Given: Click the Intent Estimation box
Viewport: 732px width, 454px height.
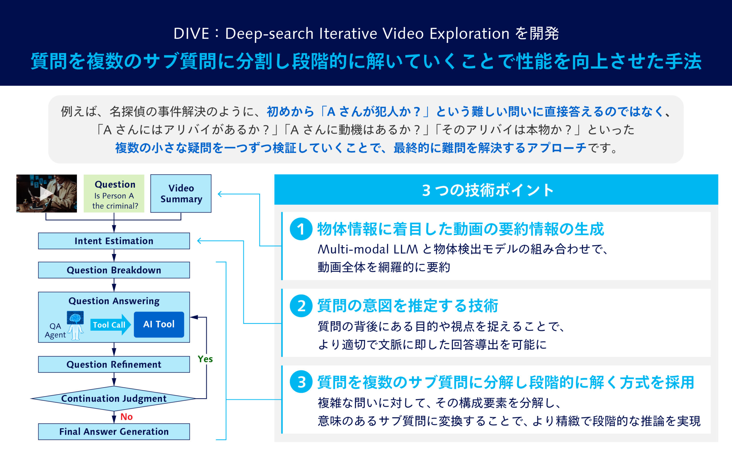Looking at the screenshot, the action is [114, 241].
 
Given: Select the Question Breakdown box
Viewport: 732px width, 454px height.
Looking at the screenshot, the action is [114, 270].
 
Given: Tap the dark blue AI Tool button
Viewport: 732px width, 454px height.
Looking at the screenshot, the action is [159, 324].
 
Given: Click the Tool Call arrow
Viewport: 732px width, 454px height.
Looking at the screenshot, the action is [110, 325].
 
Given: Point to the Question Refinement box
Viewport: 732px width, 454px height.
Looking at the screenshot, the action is [114, 364].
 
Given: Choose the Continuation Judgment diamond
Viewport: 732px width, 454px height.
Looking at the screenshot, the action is [114, 399].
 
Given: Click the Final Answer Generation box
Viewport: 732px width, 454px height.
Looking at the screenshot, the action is [114, 431].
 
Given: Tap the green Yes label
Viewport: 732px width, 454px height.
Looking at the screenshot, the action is [205, 359].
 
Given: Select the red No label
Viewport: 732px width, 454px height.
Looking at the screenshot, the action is [126, 417].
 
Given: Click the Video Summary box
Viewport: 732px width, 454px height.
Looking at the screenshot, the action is [181, 194].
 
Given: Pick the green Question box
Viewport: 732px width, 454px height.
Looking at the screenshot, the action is [114, 194].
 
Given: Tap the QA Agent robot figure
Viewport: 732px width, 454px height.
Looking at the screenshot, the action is [75, 326].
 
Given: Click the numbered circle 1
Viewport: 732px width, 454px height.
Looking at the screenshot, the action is [301, 229].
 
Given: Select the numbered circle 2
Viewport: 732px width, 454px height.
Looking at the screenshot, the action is [301, 306].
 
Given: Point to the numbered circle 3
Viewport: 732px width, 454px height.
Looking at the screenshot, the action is [301, 382].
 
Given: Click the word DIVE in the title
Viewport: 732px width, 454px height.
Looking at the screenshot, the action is [191, 33].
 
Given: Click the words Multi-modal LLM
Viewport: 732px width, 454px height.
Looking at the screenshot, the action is [368, 249].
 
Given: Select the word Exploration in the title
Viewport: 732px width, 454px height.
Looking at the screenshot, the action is [470, 34].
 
